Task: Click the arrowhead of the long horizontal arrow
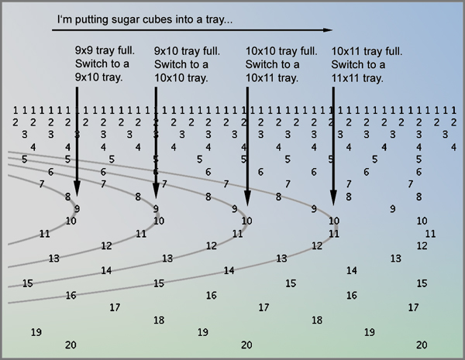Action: pyautogui.click(x=328, y=30)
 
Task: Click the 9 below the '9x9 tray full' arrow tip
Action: pyautogui.click(x=77, y=208)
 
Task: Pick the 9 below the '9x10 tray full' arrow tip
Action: pyautogui.click(x=156, y=208)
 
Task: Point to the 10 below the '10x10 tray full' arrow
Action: pyautogui.click(x=246, y=221)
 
